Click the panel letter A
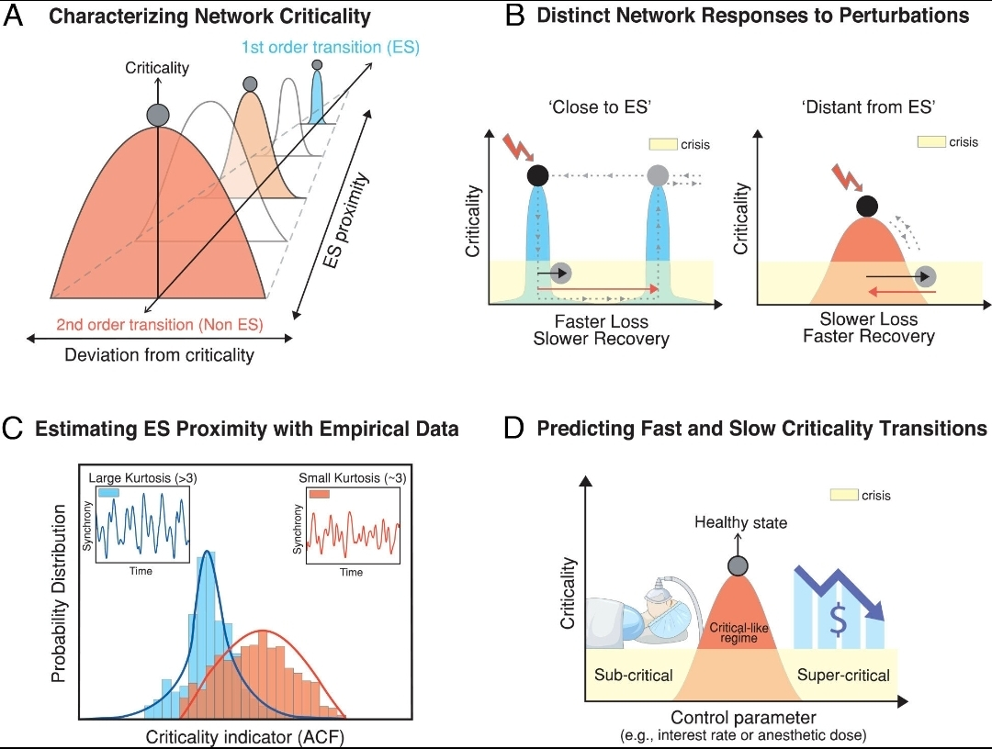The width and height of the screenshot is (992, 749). click(x=15, y=17)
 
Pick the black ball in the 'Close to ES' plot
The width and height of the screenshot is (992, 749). click(x=539, y=174)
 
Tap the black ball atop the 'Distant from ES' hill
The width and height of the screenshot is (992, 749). click(x=866, y=207)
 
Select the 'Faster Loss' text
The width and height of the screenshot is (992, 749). click(x=602, y=321)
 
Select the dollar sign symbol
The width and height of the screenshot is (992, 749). click(x=838, y=619)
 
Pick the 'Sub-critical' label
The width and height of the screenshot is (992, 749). click(x=635, y=675)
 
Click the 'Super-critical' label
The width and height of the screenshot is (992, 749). click(x=842, y=675)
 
